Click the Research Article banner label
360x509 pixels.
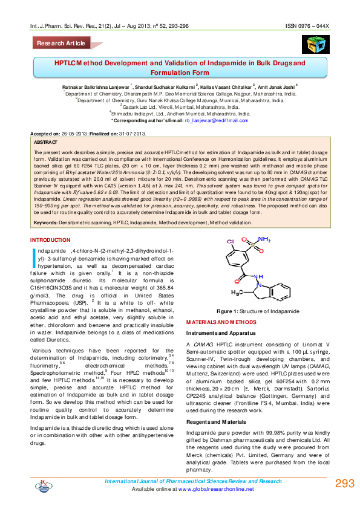[x=61, y=44]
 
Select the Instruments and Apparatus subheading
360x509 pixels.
[x=221, y=332]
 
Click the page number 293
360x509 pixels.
[x=343, y=484]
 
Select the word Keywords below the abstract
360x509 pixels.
[x=45, y=223]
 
